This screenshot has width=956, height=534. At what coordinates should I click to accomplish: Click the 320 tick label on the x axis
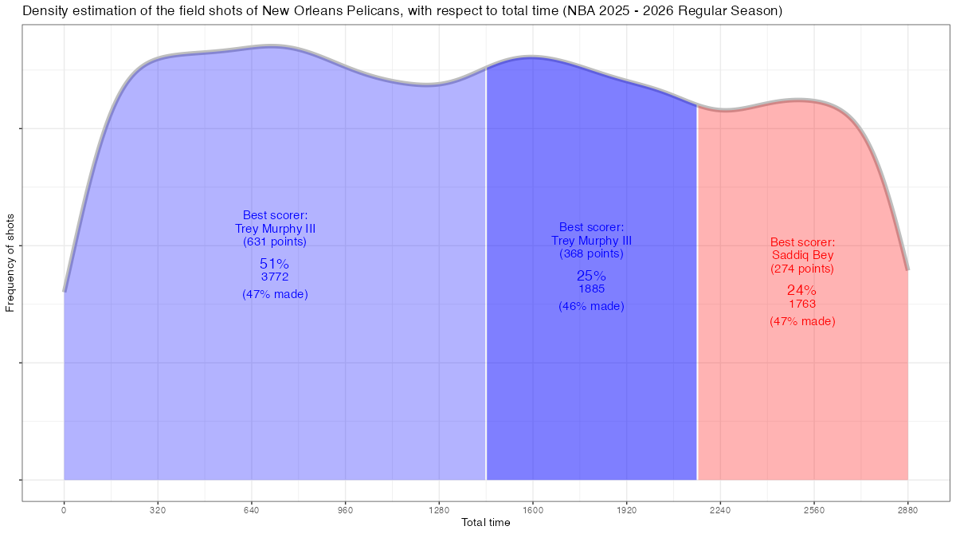tap(158, 510)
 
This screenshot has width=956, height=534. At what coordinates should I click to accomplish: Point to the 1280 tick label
tap(439, 510)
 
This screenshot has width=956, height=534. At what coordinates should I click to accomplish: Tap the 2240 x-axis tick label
tap(720, 510)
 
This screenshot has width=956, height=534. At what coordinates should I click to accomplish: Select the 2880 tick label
tap(907, 510)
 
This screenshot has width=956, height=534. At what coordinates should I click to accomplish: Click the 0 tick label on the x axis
tap(64, 510)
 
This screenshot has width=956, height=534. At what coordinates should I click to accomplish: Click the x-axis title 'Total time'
tap(486, 523)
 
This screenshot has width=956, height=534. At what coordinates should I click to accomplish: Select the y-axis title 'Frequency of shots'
tap(10, 262)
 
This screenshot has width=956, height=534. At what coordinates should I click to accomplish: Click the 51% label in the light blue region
tap(274, 263)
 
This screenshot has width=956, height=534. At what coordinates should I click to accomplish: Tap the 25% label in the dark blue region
tap(591, 275)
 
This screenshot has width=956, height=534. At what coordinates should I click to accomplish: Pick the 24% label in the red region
tap(802, 290)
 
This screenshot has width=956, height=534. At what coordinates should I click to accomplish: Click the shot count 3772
tap(274, 277)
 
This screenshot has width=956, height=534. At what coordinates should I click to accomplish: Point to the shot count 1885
tap(591, 289)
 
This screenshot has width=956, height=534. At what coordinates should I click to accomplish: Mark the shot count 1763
tap(802, 304)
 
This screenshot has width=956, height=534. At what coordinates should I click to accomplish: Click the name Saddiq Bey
tap(802, 255)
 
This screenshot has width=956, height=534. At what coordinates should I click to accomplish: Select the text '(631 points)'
tap(274, 241)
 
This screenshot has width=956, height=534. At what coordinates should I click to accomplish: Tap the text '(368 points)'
tap(591, 253)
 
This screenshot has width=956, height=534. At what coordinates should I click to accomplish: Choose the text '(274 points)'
tap(802, 269)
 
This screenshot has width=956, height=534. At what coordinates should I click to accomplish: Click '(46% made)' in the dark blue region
tap(591, 306)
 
